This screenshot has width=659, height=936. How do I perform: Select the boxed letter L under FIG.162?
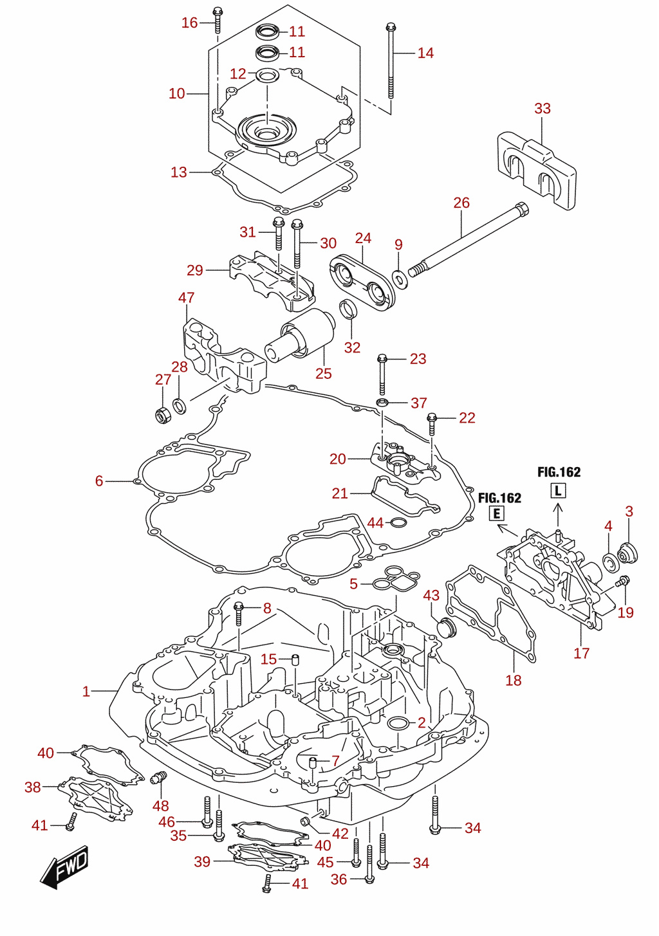tap(558, 490)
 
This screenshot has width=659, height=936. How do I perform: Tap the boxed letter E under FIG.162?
tap(497, 513)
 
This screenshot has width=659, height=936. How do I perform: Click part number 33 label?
tap(543, 109)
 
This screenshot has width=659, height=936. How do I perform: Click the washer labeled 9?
tap(400, 279)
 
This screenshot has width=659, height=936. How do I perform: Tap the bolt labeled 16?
tap(218, 20)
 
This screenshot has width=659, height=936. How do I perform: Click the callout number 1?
tap(86, 692)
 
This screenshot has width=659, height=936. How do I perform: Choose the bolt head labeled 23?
tap(382, 358)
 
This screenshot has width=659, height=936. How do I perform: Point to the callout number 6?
tap(99, 481)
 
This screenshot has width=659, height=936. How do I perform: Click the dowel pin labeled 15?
tap(295, 660)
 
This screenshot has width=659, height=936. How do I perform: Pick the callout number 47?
tap(186, 297)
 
